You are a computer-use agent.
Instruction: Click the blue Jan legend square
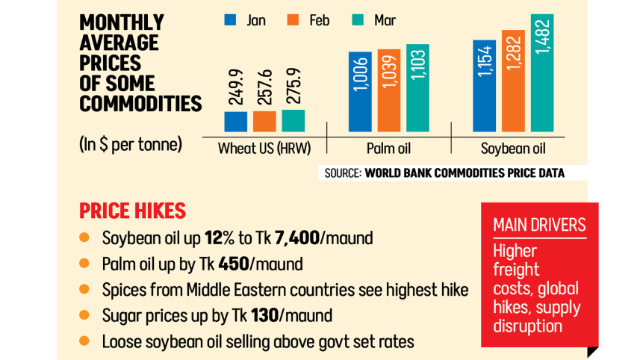point(231,20)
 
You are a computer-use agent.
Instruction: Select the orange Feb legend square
point(293,20)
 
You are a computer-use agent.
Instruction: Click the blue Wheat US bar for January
point(236,122)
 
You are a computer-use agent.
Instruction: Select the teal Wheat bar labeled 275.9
point(293,120)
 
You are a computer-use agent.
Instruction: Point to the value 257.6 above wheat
point(264,87)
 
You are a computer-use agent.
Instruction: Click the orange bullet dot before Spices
point(84,290)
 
